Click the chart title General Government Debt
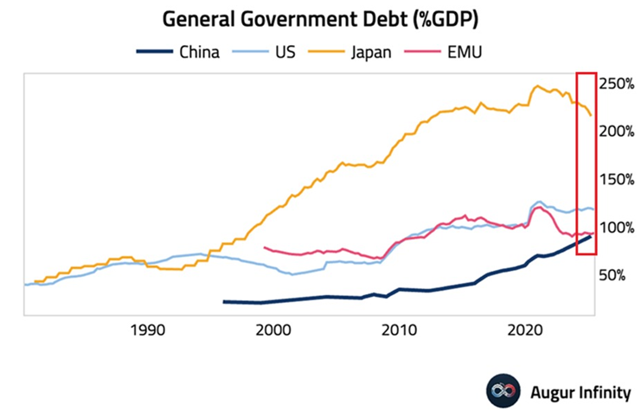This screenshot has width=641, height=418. coord(320,18)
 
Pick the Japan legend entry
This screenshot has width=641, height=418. coord(369,52)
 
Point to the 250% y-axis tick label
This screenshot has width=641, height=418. coord(619,84)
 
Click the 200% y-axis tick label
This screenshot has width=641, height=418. coord(619,132)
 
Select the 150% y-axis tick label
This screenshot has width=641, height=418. coord(619,179)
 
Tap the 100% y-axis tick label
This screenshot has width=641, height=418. coord(619,227)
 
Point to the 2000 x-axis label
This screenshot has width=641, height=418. coord(273,330)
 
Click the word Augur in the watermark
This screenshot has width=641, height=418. coord(550,392)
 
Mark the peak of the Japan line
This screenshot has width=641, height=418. coord(537,86)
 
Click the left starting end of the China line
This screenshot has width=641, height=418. coord(224,301)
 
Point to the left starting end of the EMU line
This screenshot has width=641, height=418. coord(263,248)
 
